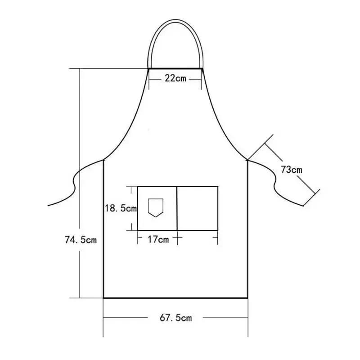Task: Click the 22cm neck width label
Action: tap(175, 78)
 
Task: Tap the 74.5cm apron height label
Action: tap(81, 240)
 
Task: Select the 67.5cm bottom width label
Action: tap(175, 318)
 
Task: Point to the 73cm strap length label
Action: tap(291, 170)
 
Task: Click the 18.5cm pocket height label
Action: tap(120, 208)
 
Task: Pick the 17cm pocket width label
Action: tap(158, 239)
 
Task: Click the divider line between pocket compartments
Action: tap(176, 208)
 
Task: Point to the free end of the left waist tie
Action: tap(49, 205)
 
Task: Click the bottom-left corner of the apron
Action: tap(104, 297)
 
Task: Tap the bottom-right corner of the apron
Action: tap(247, 297)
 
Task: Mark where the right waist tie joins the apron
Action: tap(247, 159)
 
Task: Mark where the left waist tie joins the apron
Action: tap(104, 159)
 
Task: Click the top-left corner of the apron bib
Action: tap(149, 68)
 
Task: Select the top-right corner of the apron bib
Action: tap(202, 68)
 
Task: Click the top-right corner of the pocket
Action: tap(218, 186)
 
